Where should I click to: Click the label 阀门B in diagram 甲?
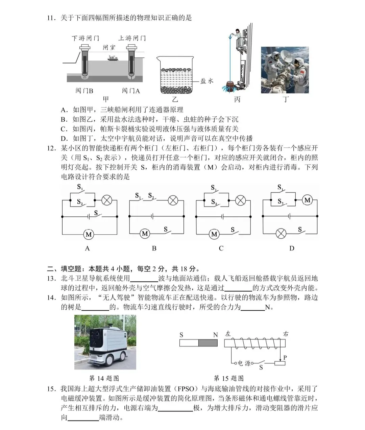pyautogui.click(x=84, y=91)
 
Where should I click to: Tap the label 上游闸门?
pyautogui.click(x=132, y=38)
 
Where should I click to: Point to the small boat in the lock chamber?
pyautogui.click(x=113, y=58)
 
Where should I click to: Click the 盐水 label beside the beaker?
pyautogui.click(x=207, y=81)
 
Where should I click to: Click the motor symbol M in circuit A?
pyautogui.click(x=89, y=234)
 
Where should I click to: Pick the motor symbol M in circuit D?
pyautogui.click(x=307, y=200)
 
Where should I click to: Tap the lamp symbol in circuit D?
pyautogui.click(x=281, y=234)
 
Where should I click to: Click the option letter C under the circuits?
pyautogui.click(x=221, y=248)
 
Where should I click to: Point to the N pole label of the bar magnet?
pyautogui.click(x=215, y=335)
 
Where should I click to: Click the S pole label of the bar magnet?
pyautogui.click(x=181, y=335)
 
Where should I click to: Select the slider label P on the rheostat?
pyautogui.click(x=285, y=357)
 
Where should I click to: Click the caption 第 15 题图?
pyautogui.click(x=228, y=378)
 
